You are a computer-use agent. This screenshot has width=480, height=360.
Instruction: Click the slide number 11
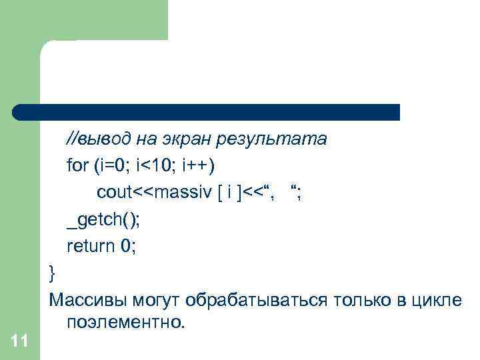click(x=19, y=342)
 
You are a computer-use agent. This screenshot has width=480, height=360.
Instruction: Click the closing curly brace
click(x=53, y=273)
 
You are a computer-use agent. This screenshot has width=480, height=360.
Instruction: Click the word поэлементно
click(x=124, y=323)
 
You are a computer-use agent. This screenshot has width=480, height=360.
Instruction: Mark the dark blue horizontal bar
click(x=207, y=112)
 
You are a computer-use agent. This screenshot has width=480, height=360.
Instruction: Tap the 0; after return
click(x=128, y=246)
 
